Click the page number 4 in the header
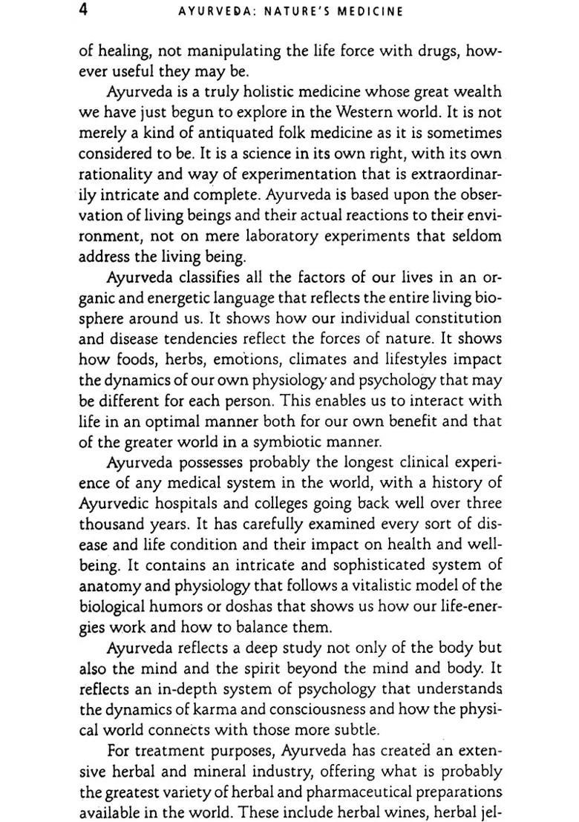click(x=86, y=10)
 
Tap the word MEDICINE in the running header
click(x=370, y=12)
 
